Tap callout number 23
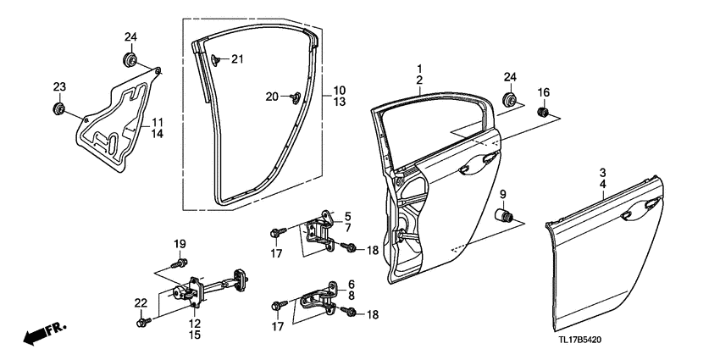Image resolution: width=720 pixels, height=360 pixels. click(x=59, y=87)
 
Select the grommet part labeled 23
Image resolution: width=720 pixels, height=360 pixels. click(x=59, y=108)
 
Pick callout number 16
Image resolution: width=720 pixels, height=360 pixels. click(x=544, y=91)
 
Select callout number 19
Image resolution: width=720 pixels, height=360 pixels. click(x=180, y=245)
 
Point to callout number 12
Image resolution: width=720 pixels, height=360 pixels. click(x=194, y=324)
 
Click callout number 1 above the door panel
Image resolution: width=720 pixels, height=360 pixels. click(x=418, y=68)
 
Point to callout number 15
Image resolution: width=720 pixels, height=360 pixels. click(x=194, y=335)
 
